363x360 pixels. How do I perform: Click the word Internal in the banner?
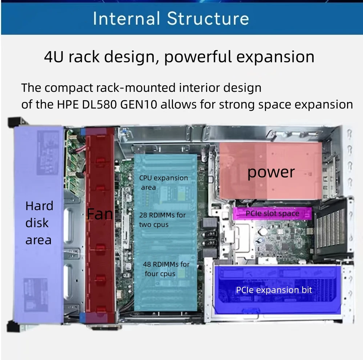pos(126,19)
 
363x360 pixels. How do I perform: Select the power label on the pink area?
pos(271,172)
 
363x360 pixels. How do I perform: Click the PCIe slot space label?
pos(272,213)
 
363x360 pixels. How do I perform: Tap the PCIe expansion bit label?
pos(274,290)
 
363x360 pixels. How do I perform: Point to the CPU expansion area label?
pos(163,183)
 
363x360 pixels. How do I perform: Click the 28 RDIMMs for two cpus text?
pos(162,220)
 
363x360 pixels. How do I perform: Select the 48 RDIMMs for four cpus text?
pos(166,269)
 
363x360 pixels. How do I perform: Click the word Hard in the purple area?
pos(39,206)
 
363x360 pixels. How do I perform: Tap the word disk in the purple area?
pos(37,223)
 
